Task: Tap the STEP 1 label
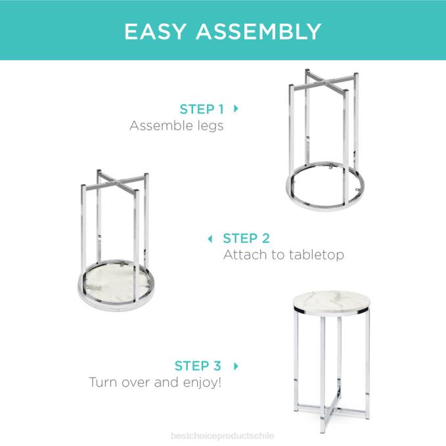[x=206, y=109]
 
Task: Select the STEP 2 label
[x=246, y=238]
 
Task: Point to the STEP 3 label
[x=198, y=366]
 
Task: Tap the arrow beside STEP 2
[x=210, y=238]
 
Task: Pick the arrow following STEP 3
[x=236, y=366]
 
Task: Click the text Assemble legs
[x=176, y=125]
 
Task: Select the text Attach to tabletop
[x=283, y=254]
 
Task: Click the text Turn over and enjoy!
[x=155, y=382]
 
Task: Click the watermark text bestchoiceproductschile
[x=223, y=435]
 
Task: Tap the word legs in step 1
[x=208, y=126]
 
